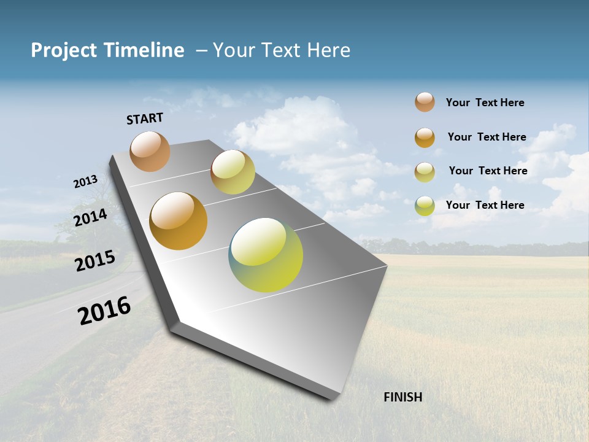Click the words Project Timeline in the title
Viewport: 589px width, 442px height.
(x=107, y=50)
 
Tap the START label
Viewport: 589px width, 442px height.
(x=145, y=118)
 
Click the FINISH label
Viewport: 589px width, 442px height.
(x=403, y=397)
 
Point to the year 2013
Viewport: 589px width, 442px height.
(x=85, y=182)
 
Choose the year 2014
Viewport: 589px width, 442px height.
(x=90, y=217)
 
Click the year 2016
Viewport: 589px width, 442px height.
(x=104, y=311)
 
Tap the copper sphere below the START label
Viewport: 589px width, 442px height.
(x=150, y=151)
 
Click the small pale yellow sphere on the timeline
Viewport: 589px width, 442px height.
(x=233, y=172)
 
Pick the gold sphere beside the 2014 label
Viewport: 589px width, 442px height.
(x=179, y=221)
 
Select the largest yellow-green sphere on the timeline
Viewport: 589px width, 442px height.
(x=266, y=255)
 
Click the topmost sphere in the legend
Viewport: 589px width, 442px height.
(x=425, y=102)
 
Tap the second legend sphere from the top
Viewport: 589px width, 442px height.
(x=425, y=138)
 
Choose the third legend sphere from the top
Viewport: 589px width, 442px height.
(x=425, y=172)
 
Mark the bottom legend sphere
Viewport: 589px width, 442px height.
(x=425, y=206)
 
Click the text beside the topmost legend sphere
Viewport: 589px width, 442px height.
(x=485, y=103)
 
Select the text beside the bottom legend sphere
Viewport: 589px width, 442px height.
(x=485, y=205)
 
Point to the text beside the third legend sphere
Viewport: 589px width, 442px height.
(x=488, y=171)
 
